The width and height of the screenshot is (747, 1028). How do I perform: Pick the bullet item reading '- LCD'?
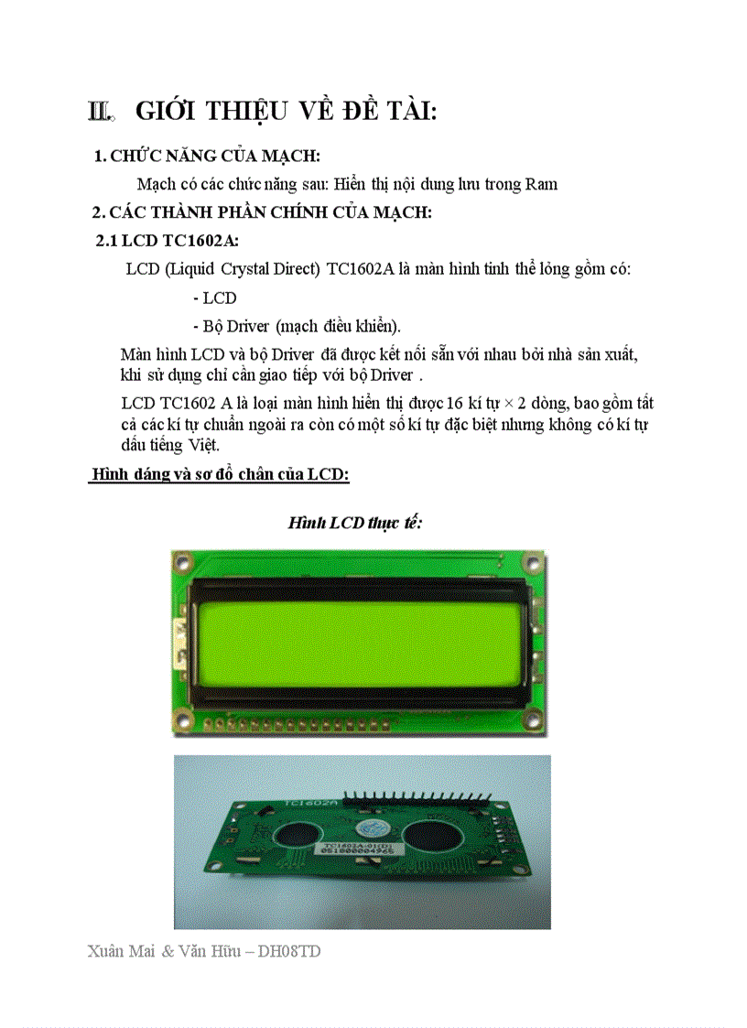pos(215,298)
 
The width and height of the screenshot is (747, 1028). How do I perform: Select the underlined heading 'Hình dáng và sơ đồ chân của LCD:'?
pos(220,474)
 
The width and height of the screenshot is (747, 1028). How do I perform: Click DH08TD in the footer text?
pos(289,951)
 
